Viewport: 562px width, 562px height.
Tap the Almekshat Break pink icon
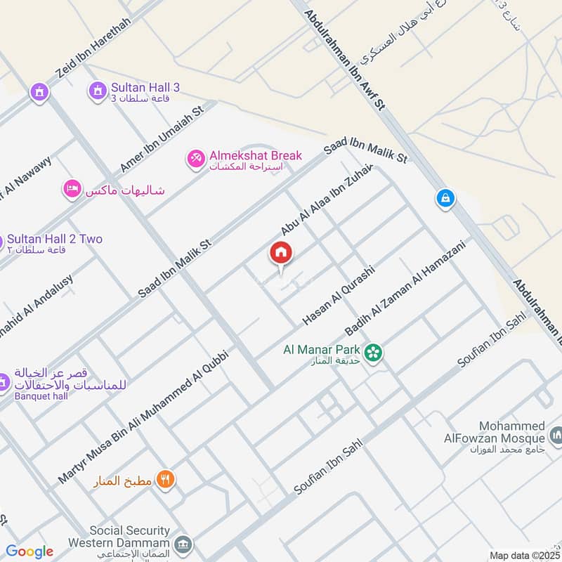click(x=196, y=159)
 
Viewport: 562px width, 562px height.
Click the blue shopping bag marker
click(x=445, y=199)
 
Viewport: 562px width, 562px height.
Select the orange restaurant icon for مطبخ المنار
click(x=166, y=481)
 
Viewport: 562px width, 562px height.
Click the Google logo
click(x=30, y=551)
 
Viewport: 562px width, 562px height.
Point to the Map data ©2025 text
click(x=523, y=555)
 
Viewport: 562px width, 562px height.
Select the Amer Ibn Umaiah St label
click(x=161, y=139)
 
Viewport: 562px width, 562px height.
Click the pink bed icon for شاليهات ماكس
click(x=72, y=189)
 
